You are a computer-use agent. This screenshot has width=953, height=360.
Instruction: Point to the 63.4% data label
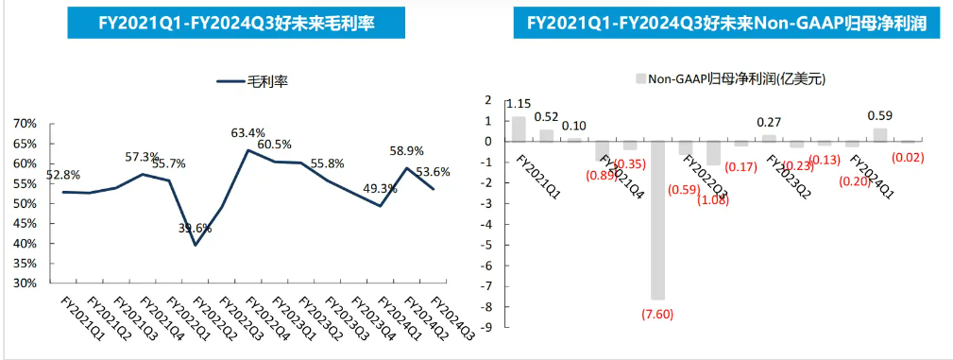pos(248,133)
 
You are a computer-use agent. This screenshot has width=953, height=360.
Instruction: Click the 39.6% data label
pos(195,228)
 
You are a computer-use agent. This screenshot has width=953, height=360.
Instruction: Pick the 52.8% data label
pos(62,175)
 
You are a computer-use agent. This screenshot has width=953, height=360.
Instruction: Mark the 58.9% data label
pos(407,151)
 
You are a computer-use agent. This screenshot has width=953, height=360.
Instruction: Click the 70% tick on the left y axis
pos(26,124)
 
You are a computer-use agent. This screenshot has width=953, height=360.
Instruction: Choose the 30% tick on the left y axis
pos(26,283)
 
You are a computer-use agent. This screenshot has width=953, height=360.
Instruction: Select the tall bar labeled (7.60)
pos(657,220)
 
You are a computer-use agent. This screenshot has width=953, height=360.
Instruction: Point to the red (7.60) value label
pos(657,315)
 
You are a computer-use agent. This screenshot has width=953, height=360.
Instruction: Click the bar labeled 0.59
pos(880,135)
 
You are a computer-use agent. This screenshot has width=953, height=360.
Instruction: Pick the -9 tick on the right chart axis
pos(488,328)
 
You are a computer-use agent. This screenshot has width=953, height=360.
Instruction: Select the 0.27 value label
pos(770,122)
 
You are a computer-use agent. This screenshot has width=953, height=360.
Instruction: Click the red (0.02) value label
pos(909,157)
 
